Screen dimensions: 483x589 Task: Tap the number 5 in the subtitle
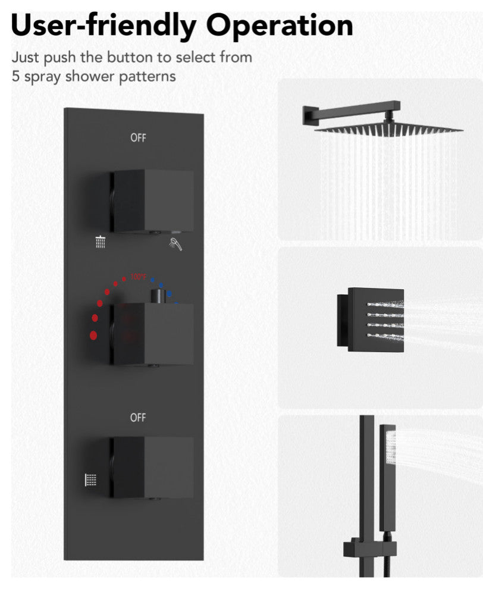(15, 76)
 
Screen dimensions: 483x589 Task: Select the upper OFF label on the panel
(138, 138)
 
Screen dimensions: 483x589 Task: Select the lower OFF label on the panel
(138, 417)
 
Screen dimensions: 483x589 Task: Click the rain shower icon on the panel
(101, 242)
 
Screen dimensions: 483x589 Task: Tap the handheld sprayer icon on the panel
(176, 244)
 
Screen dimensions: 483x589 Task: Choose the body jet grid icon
(90, 480)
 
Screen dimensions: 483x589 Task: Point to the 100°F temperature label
(138, 277)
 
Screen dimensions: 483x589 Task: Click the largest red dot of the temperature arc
(93, 336)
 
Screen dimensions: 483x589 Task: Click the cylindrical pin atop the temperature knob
(158, 296)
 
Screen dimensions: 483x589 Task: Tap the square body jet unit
(371, 319)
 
